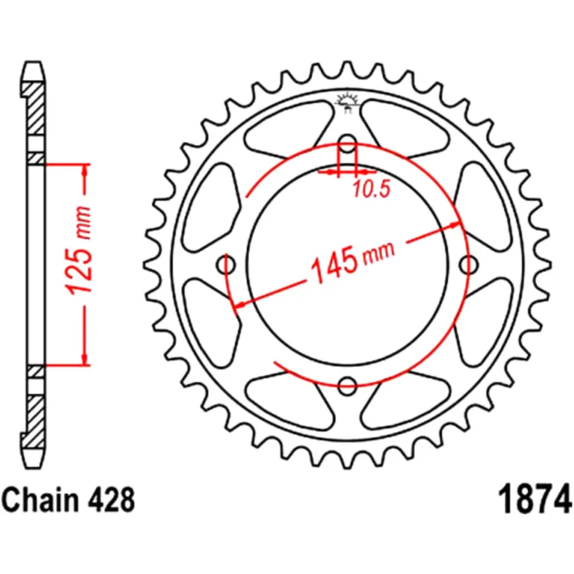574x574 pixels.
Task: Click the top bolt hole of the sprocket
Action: tap(347, 144)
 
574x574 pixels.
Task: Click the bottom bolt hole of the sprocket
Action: tap(347, 386)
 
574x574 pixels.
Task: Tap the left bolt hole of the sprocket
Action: tap(227, 265)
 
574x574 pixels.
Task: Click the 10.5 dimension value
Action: tap(371, 189)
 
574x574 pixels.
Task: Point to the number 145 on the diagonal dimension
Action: tap(331, 265)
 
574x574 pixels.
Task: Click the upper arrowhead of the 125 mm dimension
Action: tap(86, 170)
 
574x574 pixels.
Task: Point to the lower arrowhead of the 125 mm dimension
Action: tap(86, 358)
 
